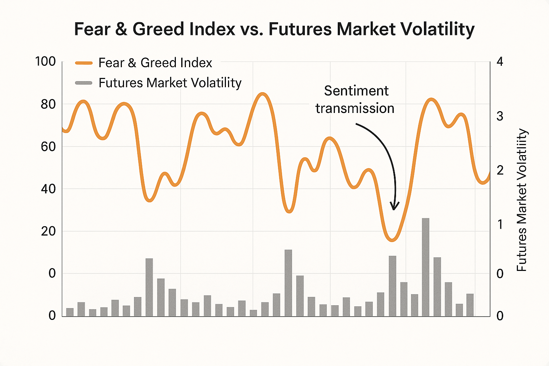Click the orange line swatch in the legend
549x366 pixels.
coord(84,63)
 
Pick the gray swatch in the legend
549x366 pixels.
coord(84,83)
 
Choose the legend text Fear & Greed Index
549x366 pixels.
coord(155,63)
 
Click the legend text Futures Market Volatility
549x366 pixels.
coord(170,83)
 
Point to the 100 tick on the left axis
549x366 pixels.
coord(45,61)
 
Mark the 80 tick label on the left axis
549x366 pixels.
coord(48,104)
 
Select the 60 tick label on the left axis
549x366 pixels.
coord(48,147)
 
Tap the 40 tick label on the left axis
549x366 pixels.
coord(48,189)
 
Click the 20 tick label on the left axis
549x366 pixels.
coord(48,231)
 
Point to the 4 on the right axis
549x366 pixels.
coord(500,61)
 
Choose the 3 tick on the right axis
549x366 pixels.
coord(500,116)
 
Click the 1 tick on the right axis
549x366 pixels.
coord(500,224)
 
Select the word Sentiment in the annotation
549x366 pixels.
coord(356,91)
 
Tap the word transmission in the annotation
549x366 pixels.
coord(355,108)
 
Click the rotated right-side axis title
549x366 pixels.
coord(522,200)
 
